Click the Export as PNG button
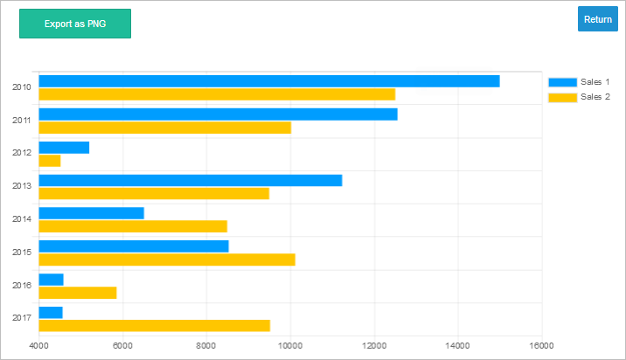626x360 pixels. click(75, 24)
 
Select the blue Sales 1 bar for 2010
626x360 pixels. click(269, 81)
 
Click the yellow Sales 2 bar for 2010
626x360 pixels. click(217, 94)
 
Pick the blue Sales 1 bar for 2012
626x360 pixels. click(64, 147)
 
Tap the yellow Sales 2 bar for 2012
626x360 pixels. click(50, 161)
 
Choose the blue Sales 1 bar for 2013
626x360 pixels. click(191, 180)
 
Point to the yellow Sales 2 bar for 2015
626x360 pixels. click(167, 260)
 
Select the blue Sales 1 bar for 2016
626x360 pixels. click(52, 280)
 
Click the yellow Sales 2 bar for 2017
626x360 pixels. click(155, 326)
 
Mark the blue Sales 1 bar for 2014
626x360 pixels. click(92, 213)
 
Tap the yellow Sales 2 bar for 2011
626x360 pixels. click(165, 128)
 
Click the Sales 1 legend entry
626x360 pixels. click(578, 82)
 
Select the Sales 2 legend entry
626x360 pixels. click(578, 97)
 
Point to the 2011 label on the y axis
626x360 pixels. click(22, 120)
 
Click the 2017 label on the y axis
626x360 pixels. click(22, 318)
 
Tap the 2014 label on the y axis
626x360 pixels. click(22, 219)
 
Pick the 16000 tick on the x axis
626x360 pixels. click(542, 346)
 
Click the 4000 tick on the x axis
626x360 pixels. click(38, 346)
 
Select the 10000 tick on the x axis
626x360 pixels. click(290, 346)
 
